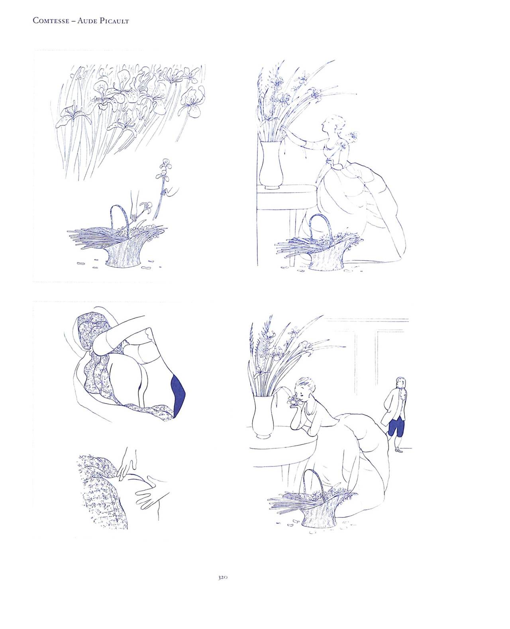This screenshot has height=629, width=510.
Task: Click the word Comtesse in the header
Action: (51, 21)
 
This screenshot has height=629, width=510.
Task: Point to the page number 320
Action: (223, 577)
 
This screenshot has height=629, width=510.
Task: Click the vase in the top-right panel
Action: (271, 165)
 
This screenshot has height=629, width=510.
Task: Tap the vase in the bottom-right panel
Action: (263, 417)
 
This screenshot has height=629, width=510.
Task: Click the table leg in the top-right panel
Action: (292, 236)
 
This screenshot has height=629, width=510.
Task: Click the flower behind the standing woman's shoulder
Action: (352, 136)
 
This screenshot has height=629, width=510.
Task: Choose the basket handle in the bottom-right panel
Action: (313, 484)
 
